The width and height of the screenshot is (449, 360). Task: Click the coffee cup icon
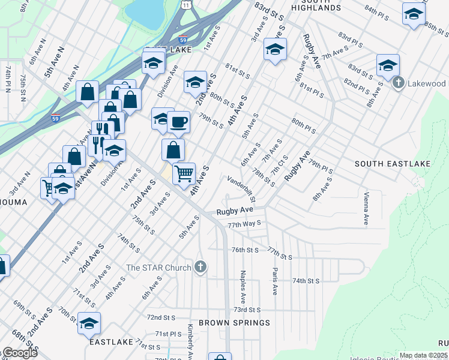179,123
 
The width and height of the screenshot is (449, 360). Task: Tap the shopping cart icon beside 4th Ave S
184,174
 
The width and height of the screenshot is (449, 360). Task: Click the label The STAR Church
158,267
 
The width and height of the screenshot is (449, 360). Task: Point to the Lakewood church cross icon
397,83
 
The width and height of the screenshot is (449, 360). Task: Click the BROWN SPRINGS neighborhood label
235,323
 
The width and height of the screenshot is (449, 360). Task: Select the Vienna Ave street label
366,208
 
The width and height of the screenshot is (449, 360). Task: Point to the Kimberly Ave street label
190,339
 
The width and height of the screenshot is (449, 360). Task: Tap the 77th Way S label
244,224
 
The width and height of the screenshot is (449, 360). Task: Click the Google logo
19,353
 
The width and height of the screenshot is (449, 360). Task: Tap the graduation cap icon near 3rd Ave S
274,49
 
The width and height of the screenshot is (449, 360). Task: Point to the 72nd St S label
161,317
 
